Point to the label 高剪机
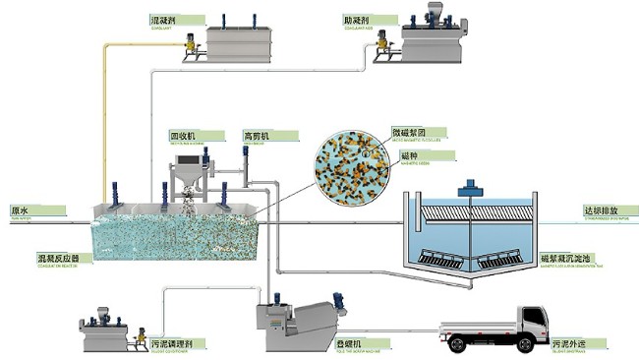[x=256, y=136]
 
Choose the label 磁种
[x=408, y=155]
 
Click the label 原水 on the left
[x=20, y=210]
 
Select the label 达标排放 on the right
[x=601, y=210]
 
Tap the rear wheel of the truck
[x=459, y=344]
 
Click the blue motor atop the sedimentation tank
[x=473, y=183]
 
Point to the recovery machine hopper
[x=189, y=178]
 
